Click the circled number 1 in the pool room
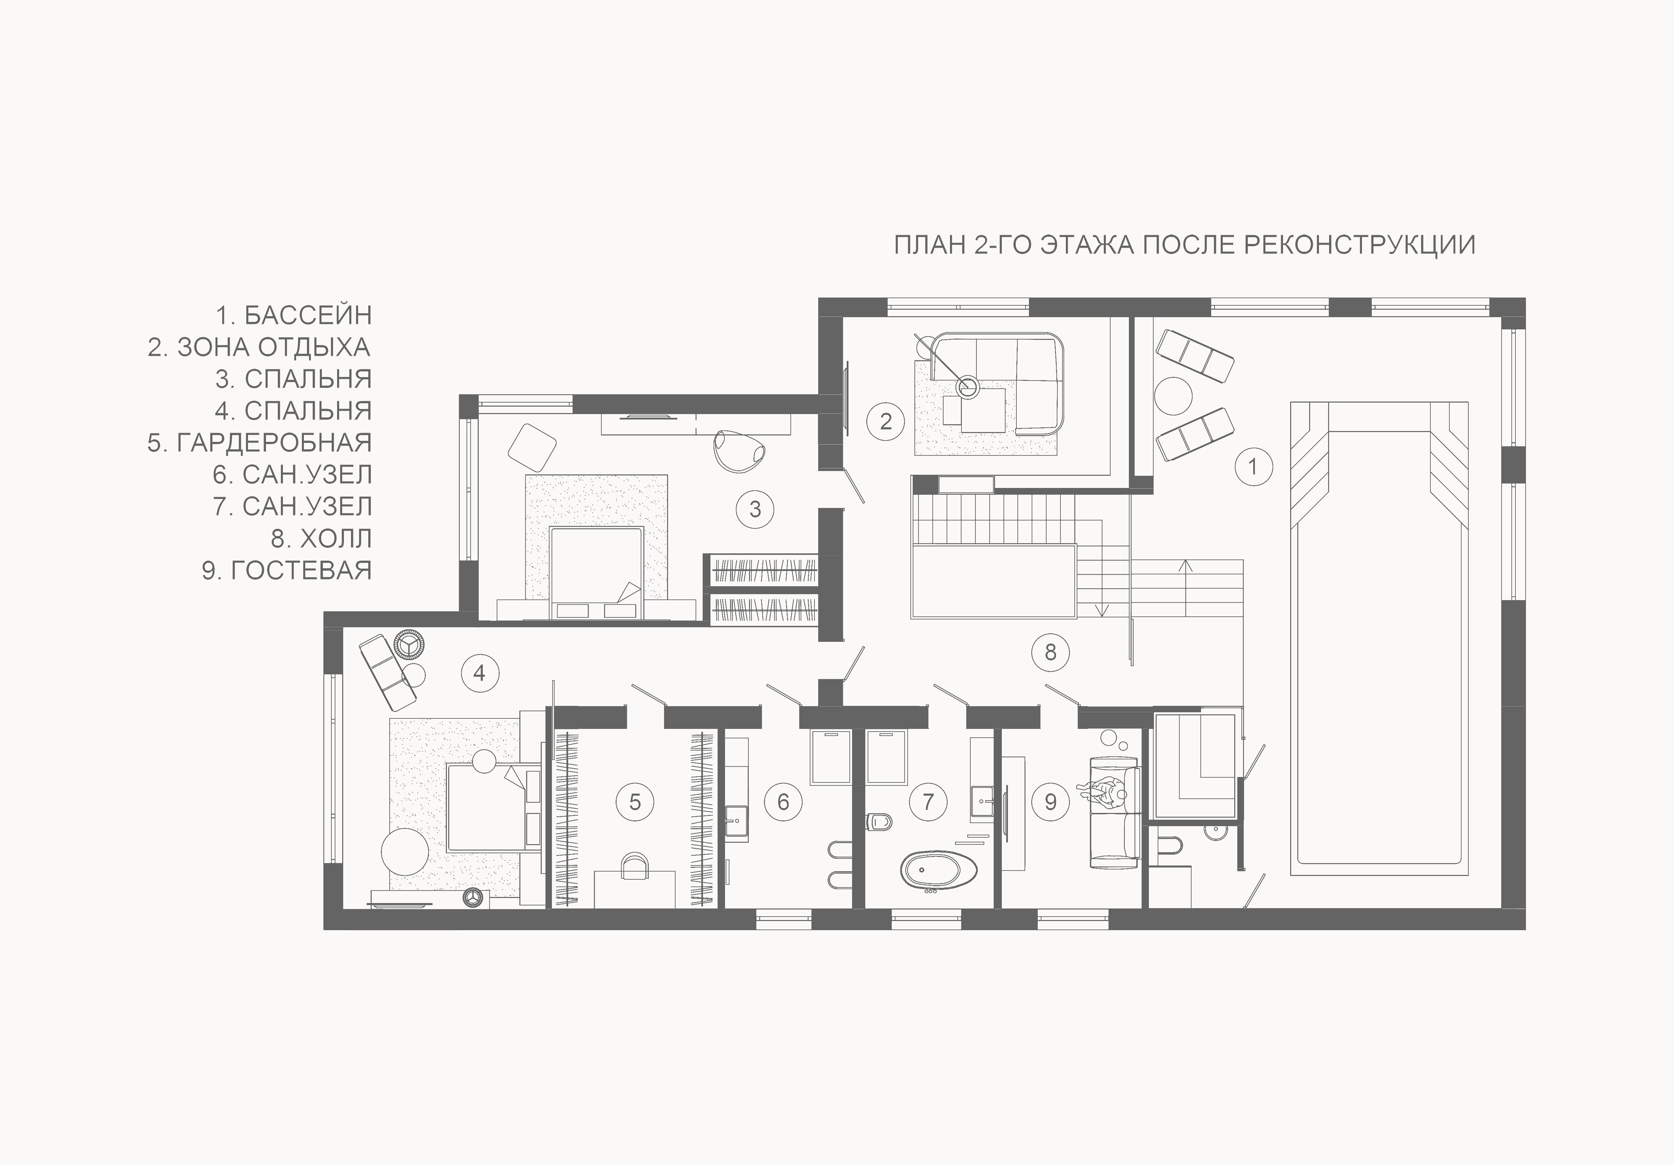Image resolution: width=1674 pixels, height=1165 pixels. pos(1253,467)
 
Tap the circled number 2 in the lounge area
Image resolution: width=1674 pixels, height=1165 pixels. pos(886,421)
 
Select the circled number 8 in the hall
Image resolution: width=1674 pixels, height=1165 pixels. pos(1051,652)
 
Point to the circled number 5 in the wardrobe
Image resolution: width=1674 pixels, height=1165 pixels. pos(635,802)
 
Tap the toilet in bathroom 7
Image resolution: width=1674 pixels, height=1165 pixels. pos(879,822)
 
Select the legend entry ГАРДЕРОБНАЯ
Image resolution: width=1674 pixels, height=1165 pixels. pos(274,443)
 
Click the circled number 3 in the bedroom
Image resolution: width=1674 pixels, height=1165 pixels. pos(755,509)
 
